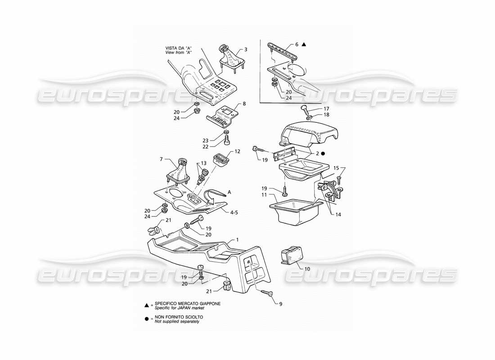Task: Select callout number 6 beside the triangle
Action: point(297,45)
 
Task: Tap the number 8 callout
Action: point(244,104)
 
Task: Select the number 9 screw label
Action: point(280,304)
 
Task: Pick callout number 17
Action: point(327,108)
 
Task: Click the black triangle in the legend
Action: point(147,305)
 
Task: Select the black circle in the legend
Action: point(147,319)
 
